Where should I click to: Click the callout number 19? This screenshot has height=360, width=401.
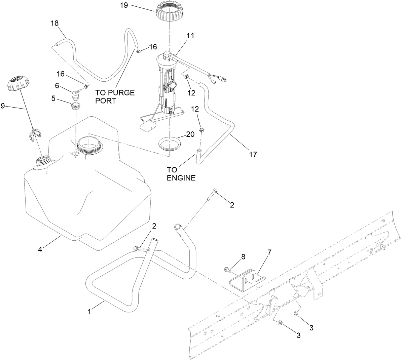click(123, 6)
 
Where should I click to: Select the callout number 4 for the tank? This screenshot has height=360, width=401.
click(40, 250)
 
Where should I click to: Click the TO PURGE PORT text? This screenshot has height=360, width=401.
click(115, 96)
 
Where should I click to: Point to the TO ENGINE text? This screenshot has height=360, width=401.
click(181, 173)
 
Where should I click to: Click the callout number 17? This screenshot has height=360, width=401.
click(253, 154)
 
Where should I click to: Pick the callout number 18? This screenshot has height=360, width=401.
click(54, 23)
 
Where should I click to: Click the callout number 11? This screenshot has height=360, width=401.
click(190, 35)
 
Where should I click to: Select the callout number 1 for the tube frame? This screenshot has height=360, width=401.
click(89, 312)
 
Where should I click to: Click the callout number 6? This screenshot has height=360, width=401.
click(57, 86)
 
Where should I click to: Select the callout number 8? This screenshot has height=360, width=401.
click(243, 256)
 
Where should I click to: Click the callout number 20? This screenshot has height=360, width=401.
click(190, 134)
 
